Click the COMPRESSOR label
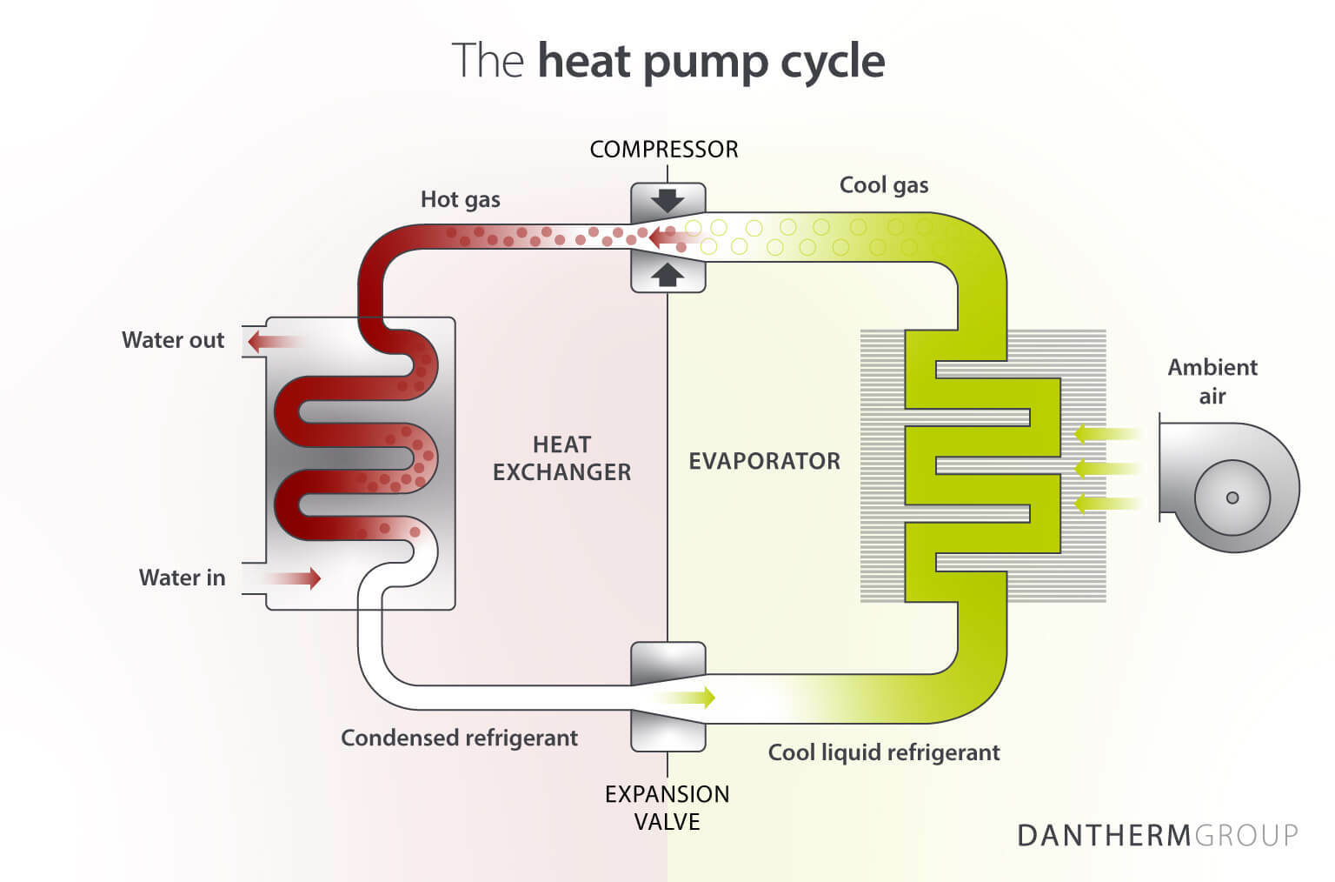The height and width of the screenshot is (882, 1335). pyautogui.click(x=664, y=150)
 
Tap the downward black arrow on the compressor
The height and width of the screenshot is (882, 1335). pyautogui.click(x=667, y=200)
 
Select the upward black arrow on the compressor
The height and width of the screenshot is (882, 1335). pyautogui.click(x=667, y=275)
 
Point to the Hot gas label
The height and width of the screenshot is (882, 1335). pyautogui.click(x=460, y=200)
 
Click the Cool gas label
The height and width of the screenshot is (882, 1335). pyautogui.click(x=883, y=185)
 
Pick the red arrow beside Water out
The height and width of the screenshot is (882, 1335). pyautogui.click(x=271, y=341)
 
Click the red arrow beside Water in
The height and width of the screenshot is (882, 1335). pyautogui.click(x=296, y=578)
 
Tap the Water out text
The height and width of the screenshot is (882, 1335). pyautogui.click(x=173, y=340)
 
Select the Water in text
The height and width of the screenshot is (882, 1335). pyautogui.click(x=182, y=578)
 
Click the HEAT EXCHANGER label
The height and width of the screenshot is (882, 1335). pyautogui.click(x=561, y=458)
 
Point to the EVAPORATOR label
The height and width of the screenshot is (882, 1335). pyautogui.click(x=764, y=461)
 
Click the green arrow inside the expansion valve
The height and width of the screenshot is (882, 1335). pyautogui.click(x=691, y=697)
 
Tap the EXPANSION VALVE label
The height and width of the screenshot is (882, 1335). pyautogui.click(x=667, y=807)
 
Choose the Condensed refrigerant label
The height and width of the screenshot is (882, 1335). pyautogui.click(x=459, y=738)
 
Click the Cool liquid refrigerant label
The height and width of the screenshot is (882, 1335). pyautogui.click(x=883, y=752)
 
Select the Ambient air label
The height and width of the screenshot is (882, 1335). pyautogui.click(x=1212, y=381)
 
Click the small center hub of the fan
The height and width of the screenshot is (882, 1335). pyautogui.click(x=1232, y=498)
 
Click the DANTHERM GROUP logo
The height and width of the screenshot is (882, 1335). pyautogui.click(x=1157, y=835)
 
